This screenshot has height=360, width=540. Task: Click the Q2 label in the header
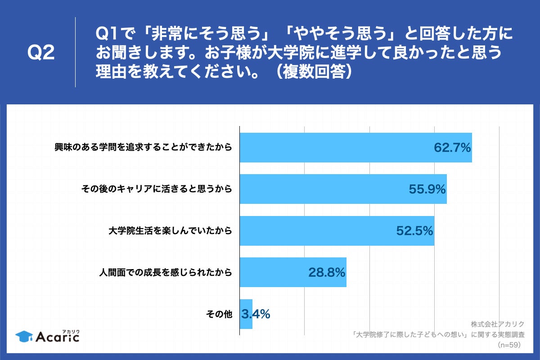pos(41,53)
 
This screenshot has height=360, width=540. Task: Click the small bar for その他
pos(246,314)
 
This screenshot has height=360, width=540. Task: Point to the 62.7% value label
pos(452,148)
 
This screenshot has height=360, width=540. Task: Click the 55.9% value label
pos(427,189)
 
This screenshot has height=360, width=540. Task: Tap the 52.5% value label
pos(414,231)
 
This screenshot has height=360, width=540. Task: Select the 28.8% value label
pos(327,272)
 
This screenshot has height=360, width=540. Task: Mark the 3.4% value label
pos(256,314)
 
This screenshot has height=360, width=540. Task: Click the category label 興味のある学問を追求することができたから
pos(143,148)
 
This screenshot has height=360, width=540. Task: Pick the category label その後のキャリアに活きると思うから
pos(157,189)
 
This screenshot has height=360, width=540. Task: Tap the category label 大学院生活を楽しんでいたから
pos(170,231)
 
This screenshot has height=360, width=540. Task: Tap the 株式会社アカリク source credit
pos(498,324)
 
